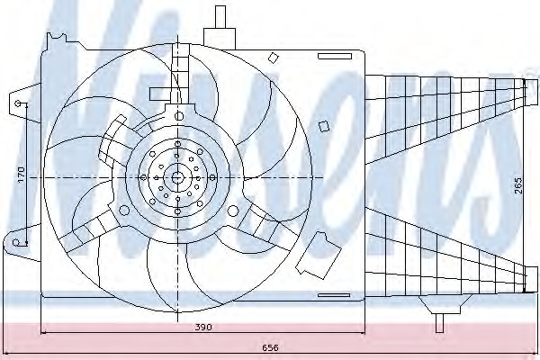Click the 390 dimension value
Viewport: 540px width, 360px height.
203,327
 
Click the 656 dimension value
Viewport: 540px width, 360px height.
270,347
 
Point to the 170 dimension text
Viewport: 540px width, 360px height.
21,175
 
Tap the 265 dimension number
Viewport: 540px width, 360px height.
518,185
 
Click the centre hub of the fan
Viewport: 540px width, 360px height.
177,177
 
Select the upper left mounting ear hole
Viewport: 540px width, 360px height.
18,103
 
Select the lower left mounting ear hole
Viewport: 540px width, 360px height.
16,242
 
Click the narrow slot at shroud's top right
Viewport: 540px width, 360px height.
335,56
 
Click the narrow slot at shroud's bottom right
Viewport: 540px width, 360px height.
334,295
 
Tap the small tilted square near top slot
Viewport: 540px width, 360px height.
273,58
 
